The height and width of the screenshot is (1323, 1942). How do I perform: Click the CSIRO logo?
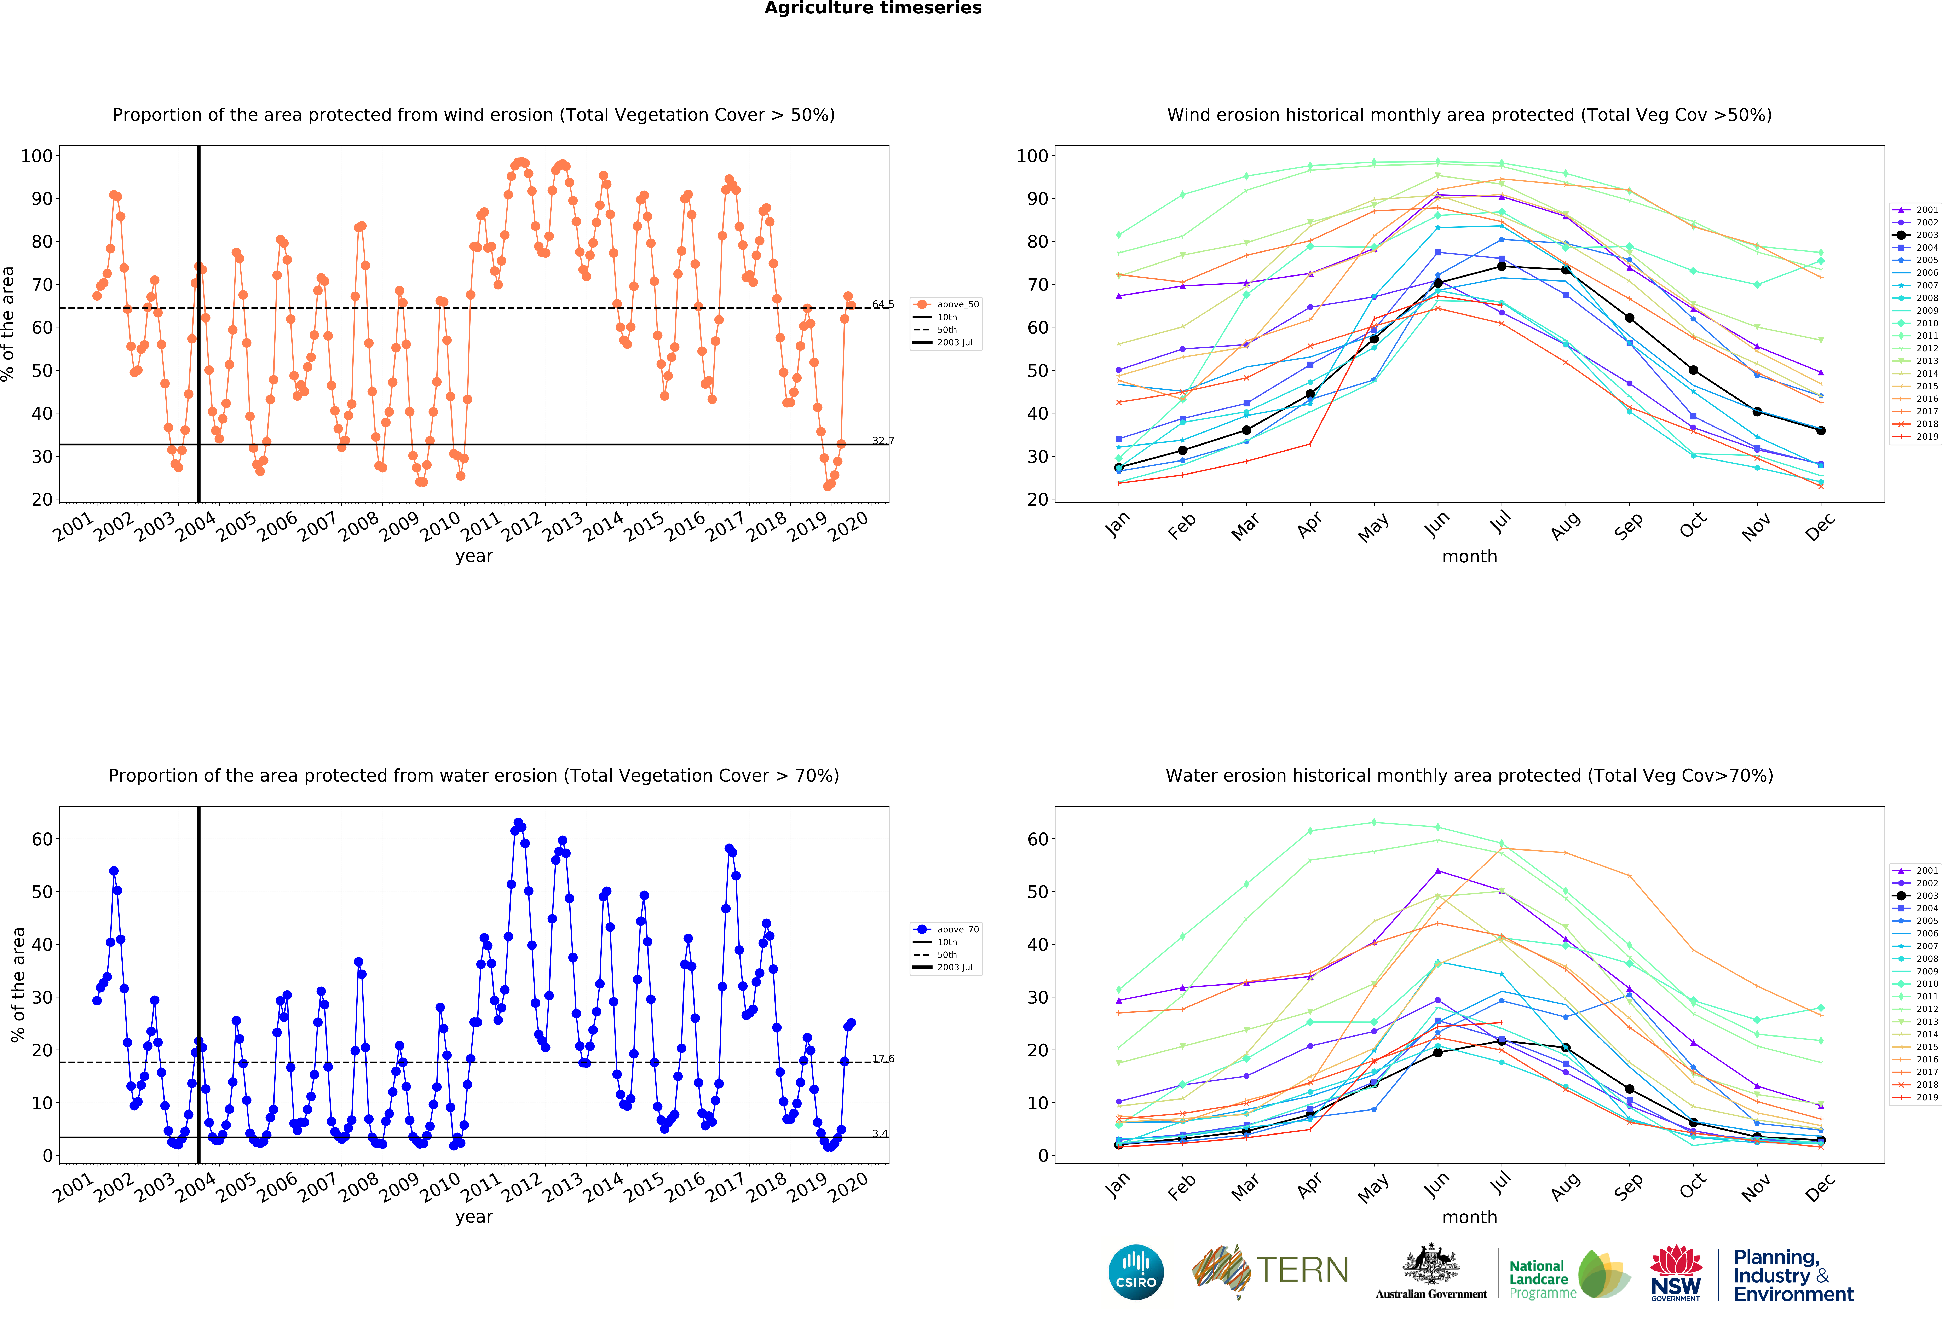click(x=1136, y=1272)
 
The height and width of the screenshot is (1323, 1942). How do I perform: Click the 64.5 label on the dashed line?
click(x=882, y=304)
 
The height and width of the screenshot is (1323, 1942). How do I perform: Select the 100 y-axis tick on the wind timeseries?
click(x=37, y=155)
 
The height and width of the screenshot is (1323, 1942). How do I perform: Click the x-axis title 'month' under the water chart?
click(x=1469, y=1217)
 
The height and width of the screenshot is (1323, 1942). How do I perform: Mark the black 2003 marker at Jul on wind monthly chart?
click(x=1502, y=266)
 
